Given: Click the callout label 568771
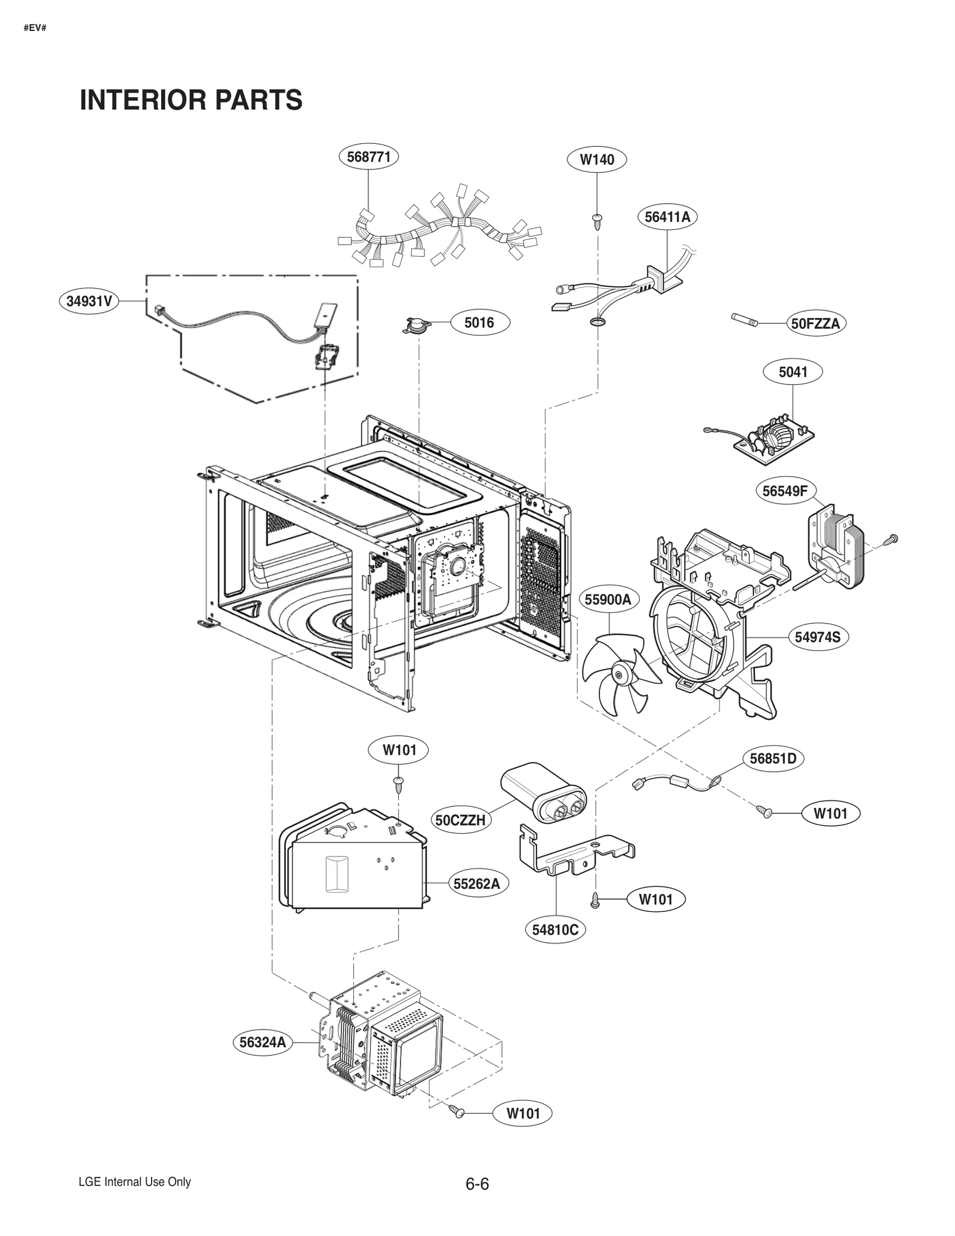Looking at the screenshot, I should [x=368, y=156].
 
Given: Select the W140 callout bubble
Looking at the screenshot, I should [x=597, y=159].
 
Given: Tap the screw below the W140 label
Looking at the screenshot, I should [x=597, y=220].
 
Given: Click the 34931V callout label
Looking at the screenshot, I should [x=89, y=301].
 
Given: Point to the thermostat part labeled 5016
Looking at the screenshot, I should [x=415, y=325].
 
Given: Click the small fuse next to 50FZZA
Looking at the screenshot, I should [x=744, y=320].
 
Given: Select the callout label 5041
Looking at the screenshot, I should [x=793, y=372].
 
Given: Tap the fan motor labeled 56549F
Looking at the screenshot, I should [x=834, y=546].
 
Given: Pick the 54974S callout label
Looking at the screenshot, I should [x=817, y=637].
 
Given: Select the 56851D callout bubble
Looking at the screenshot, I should [x=773, y=759].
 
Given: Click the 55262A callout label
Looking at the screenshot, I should [x=476, y=883].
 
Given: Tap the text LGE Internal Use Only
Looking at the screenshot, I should [x=135, y=1182].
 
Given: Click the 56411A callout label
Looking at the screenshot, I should [x=667, y=217].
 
